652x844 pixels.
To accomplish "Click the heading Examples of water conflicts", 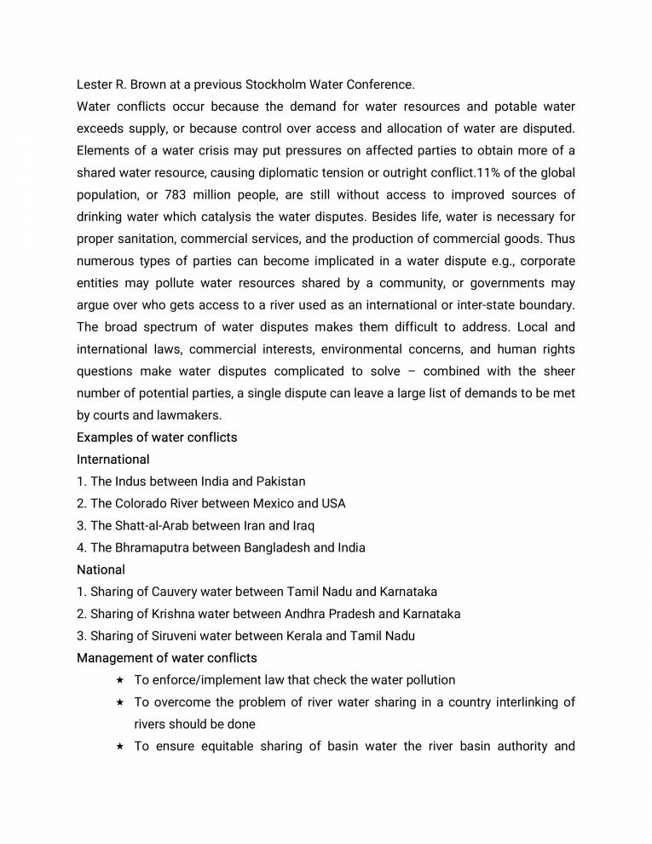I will point(157,437).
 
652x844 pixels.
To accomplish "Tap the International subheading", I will point(113,460).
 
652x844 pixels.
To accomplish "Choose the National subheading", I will point(101,569).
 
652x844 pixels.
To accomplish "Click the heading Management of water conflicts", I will point(167,658).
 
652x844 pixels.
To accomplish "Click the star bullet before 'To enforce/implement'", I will point(120,680).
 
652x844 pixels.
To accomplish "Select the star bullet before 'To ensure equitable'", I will point(120,747).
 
